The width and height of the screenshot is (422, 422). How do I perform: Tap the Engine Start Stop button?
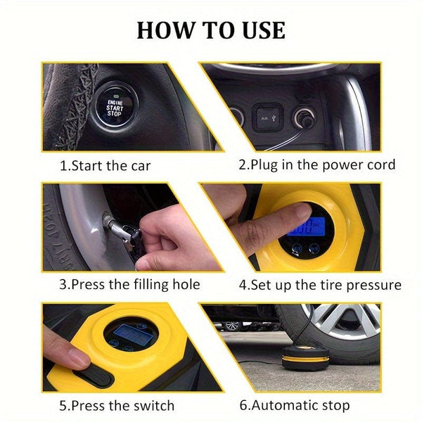114,106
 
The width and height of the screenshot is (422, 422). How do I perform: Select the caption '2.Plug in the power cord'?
316,165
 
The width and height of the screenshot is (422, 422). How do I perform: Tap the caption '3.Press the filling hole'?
129,285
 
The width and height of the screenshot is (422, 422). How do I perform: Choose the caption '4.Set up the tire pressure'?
320,285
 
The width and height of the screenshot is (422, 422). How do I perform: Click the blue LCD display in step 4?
295,229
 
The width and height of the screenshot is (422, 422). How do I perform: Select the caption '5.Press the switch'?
117,405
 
